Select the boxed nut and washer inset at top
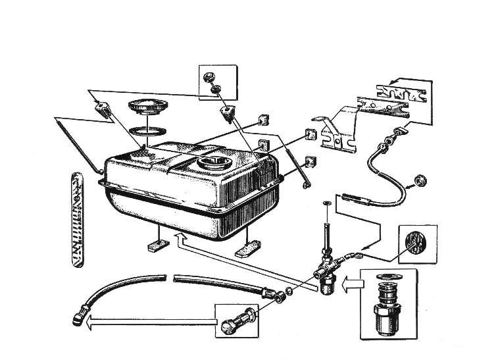pos(215,82)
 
